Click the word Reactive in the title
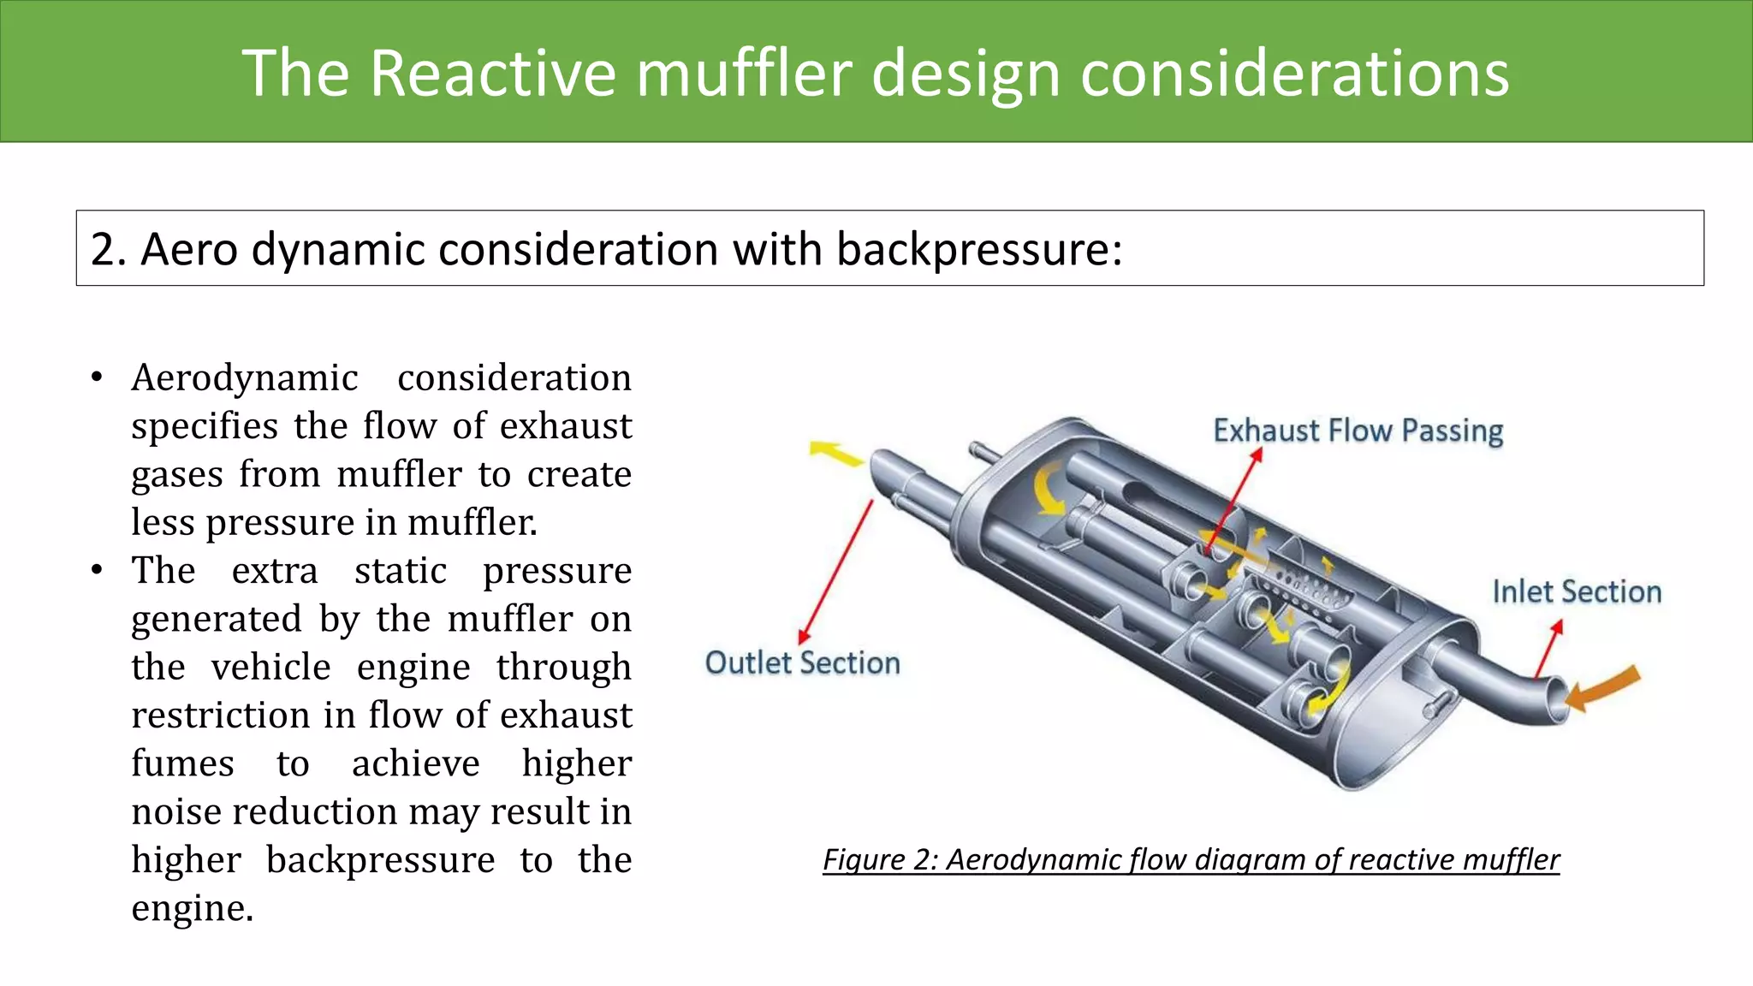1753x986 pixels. (492, 73)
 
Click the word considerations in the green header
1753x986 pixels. (1294, 73)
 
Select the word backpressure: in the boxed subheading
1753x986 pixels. (978, 250)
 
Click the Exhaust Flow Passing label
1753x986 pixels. (1358, 431)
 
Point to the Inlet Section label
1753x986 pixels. (1577, 592)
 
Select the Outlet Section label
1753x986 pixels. (802, 663)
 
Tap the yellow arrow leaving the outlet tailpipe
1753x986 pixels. (836, 453)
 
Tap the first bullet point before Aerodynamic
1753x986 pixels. (97, 377)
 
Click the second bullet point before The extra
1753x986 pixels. (97, 570)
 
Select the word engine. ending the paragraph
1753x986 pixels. (192, 908)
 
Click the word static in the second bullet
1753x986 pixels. (401, 571)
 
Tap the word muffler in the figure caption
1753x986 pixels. (1511, 859)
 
